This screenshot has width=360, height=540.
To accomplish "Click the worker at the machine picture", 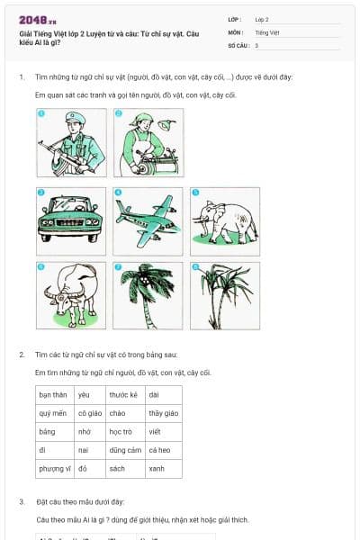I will point(147,142).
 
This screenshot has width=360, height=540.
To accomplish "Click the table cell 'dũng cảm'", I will point(124,450).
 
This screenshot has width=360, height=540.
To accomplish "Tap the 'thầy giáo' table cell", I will point(163,413).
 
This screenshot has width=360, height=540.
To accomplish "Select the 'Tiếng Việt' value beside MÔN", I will point(267,31).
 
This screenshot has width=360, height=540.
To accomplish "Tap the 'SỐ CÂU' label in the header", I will point(238,44).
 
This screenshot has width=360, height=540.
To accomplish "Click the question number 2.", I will point(22,355).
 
